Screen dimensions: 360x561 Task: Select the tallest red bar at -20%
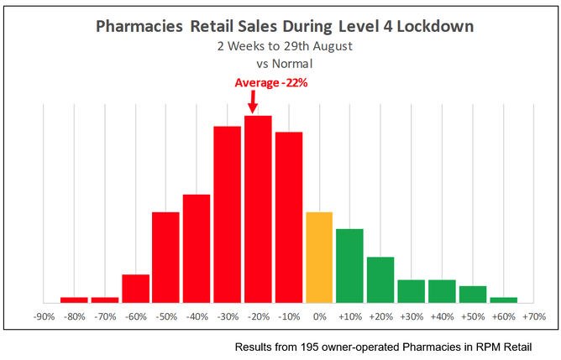point(258,209)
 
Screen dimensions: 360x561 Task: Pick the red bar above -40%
point(197,248)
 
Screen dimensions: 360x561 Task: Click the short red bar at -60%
point(135,288)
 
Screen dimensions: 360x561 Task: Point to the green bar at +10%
point(349,265)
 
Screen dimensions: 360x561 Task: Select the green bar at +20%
point(380,279)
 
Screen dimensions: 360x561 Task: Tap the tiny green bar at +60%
point(503,300)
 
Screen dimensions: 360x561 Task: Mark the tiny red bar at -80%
point(74,300)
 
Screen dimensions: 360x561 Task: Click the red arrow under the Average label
point(253,103)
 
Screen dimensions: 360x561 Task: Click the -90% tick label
point(44,317)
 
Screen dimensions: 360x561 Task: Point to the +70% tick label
point(533,317)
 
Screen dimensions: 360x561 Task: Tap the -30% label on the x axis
point(228,317)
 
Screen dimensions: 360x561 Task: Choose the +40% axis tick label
point(442,317)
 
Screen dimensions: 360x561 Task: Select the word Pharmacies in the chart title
point(139,27)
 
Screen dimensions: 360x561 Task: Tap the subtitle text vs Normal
point(285,62)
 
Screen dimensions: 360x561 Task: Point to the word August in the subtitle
point(327,46)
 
